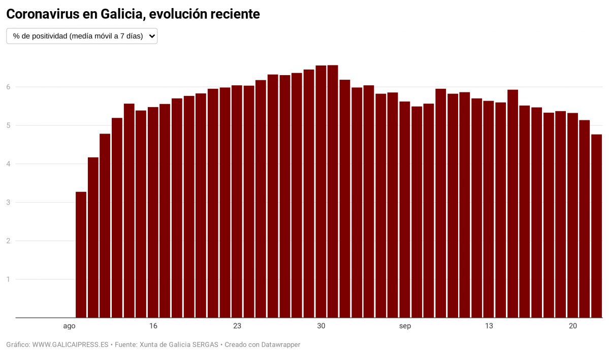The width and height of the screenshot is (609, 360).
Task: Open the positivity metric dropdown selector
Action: click(81, 36)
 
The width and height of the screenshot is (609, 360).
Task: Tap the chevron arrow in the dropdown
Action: click(151, 36)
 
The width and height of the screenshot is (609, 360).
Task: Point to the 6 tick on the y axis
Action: click(8, 87)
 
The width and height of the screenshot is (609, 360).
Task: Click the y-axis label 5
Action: click(8, 125)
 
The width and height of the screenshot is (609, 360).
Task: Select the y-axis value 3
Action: click(8, 202)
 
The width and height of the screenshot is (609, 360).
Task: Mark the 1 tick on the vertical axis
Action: click(8, 279)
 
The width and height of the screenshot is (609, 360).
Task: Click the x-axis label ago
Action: click(70, 326)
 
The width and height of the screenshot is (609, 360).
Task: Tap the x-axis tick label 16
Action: click(153, 326)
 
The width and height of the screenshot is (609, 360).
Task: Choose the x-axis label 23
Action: click(237, 326)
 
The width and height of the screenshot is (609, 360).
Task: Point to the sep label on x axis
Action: click(405, 326)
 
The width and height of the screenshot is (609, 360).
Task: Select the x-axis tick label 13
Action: click(489, 326)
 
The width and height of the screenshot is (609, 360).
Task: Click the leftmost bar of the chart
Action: click(81, 254)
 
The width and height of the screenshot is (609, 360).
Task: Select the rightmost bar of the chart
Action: click(596, 226)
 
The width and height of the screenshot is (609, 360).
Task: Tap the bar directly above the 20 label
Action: click(572, 215)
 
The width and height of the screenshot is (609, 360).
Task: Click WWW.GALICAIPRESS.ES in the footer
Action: click(70, 345)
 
